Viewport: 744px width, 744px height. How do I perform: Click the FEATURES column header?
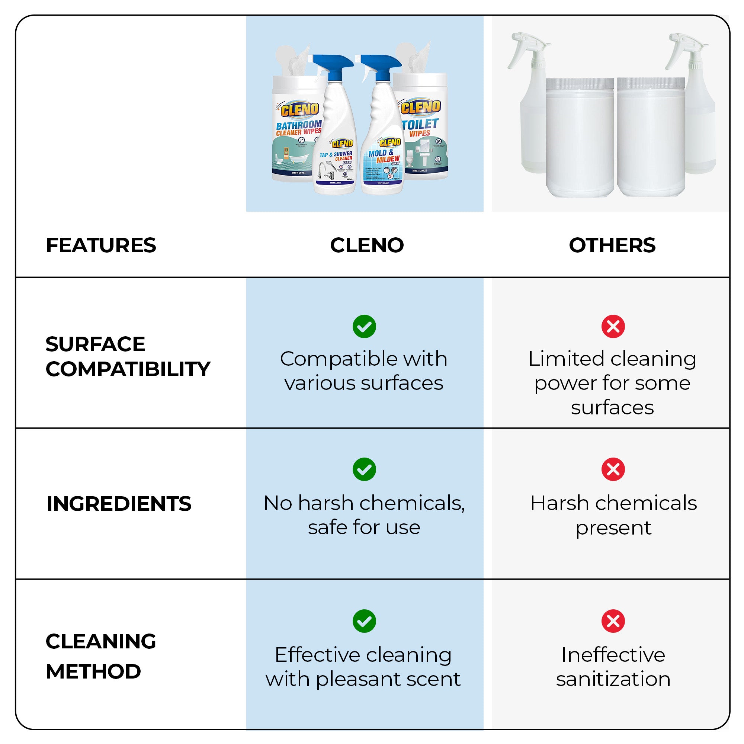click(x=101, y=245)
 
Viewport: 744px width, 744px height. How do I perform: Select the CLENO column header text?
click(x=367, y=245)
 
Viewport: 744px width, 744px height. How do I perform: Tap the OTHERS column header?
click(x=612, y=245)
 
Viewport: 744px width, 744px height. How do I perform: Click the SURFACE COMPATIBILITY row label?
click(x=128, y=356)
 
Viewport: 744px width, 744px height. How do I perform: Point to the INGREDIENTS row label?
click(x=119, y=504)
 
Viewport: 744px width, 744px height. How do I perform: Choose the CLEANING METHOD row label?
click(x=101, y=656)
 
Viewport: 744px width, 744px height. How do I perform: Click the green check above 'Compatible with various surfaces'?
click(x=364, y=327)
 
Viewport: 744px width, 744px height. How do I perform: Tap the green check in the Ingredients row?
click(x=364, y=469)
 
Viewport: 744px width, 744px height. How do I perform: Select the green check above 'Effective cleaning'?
click(x=364, y=621)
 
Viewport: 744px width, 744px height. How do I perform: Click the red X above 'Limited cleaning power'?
click(x=613, y=327)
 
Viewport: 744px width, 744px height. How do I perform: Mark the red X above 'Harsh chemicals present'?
click(x=613, y=469)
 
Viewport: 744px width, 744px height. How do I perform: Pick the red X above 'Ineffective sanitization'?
click(x=613, y=621)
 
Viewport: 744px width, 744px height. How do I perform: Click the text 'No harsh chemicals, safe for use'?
click(x=364, y=515)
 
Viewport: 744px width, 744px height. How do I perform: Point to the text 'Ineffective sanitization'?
click(x=613, y=667)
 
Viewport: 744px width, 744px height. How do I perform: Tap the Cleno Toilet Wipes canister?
click(x=424, y=131)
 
